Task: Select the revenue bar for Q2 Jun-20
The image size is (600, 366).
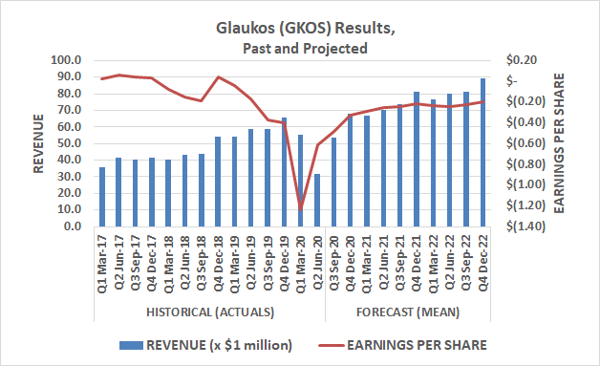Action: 317,201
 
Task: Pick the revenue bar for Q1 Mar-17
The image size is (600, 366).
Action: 102,197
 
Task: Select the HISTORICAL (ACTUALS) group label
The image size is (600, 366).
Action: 210,312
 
